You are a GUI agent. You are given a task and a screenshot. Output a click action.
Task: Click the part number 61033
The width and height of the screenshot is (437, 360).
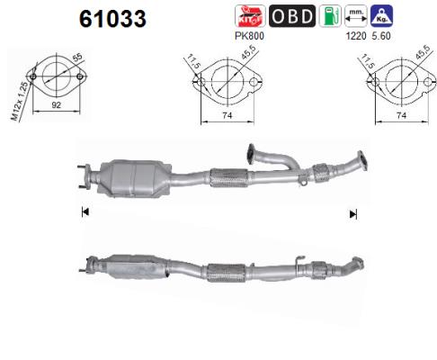click(x=111, y=19)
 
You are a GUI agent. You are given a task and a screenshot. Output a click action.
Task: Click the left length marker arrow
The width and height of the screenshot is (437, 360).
click(x=85, y=213)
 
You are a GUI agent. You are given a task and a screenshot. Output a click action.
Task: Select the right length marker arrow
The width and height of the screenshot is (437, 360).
click(x=353, y=213)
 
